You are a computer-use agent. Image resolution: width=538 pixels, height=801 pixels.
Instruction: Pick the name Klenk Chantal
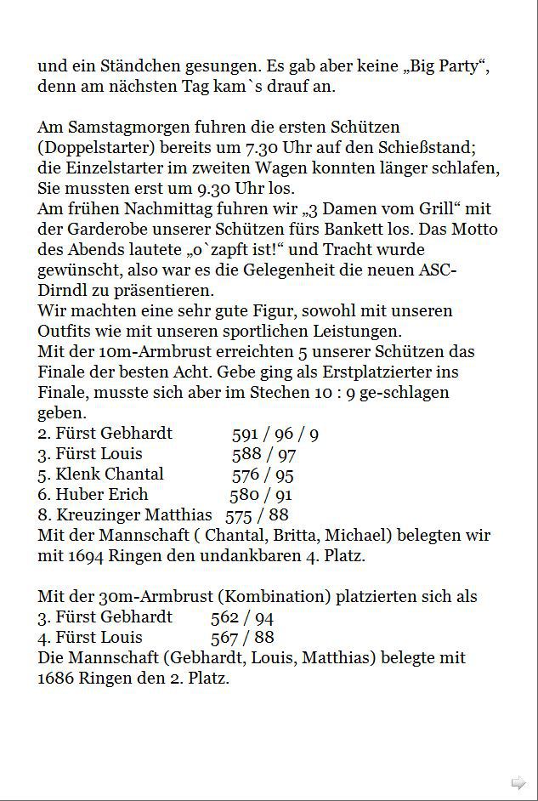pyautogui.click(x=110, y=474)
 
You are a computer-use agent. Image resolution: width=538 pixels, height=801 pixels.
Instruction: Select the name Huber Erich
pyautogui.click(x=102, y=495)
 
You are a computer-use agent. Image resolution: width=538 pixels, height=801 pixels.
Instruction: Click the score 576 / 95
pyautogui.click(x=263, y=474)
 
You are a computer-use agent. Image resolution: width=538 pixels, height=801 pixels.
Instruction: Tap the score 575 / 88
pyautogui.click(x=257, y=515)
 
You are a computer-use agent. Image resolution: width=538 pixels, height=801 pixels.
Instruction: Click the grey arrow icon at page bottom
pyautogui.click(x=518, y=782)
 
